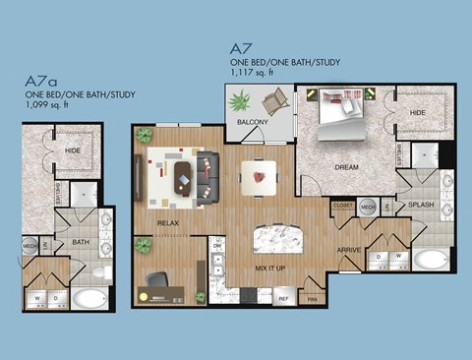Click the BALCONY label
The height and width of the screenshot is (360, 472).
coord(252,122)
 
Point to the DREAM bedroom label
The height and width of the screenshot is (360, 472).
coord(345,167)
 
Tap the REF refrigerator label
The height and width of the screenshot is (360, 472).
coord(282,297)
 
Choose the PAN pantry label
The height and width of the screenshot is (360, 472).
coord(313,297)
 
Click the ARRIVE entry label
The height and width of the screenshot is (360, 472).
coord(349,250)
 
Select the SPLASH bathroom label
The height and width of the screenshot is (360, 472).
coord(421,206)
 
